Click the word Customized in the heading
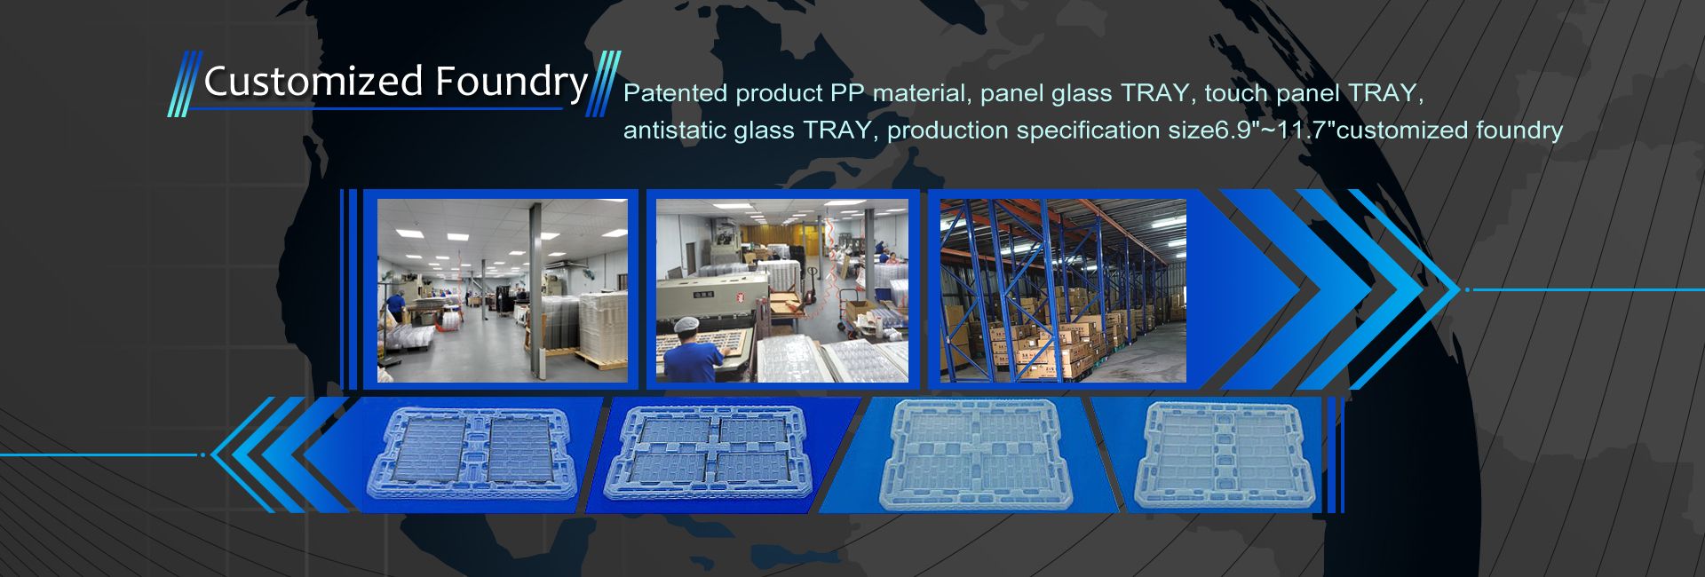(x=313, y=82)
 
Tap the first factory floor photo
(x=503, y=290)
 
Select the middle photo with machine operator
(x=782, y=290)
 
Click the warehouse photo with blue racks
(x=1063, y=290)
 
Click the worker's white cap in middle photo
(x=687, y=325)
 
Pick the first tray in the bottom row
(x=472, y=454)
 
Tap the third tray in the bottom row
(x=976, y=454)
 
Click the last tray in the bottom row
(x=1225, y=455)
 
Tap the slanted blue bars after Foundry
(x=603, y=84)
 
